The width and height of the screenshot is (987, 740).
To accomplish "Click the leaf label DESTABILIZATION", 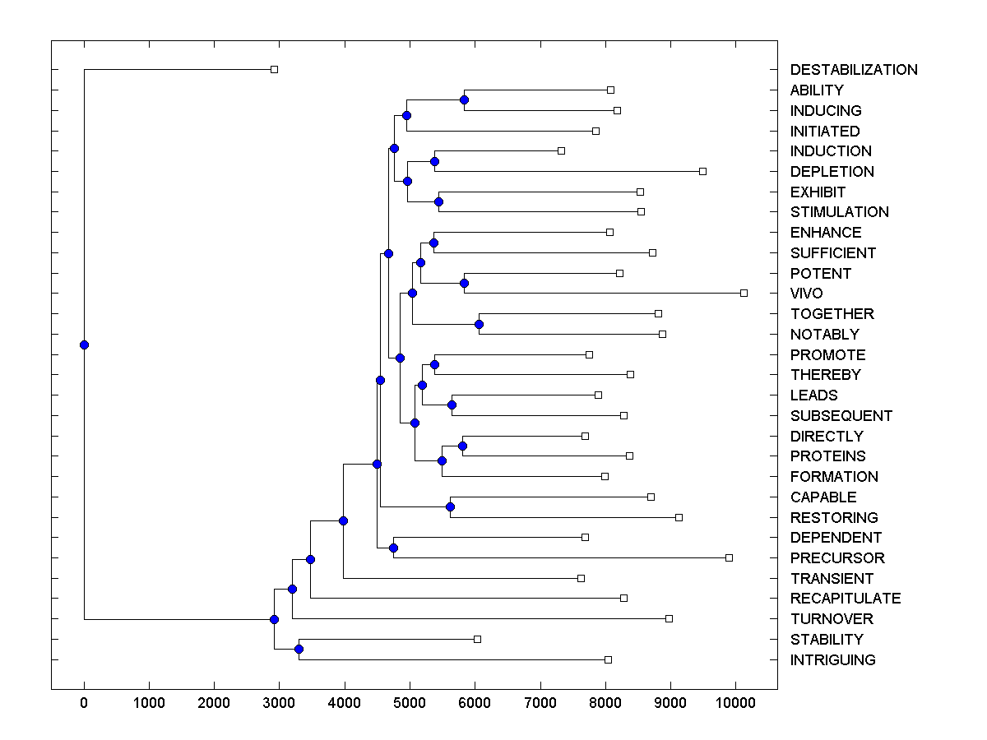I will click(854, 70).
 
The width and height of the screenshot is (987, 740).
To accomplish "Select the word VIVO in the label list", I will click(806, 294).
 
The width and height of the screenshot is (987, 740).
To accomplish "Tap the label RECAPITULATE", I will click(846, 599).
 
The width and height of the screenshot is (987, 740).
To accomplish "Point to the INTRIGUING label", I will click(832, 660).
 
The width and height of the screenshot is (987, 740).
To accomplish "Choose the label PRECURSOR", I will click(837, 558).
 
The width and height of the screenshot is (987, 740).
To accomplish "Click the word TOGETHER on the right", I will click(832, 314).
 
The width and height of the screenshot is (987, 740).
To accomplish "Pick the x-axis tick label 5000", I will click(410, 702).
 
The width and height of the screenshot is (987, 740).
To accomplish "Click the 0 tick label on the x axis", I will click(84, 702).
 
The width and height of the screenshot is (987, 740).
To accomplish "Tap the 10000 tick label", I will click(735, 702).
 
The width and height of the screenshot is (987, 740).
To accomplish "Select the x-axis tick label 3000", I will click(280, 702).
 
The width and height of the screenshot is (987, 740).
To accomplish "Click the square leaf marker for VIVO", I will click(744, 293).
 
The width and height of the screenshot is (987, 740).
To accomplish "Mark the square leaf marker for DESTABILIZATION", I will click(275, 70).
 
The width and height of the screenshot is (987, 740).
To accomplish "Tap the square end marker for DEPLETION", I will click(702, 171).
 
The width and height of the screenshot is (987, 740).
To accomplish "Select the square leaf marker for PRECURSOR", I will click(729, 557).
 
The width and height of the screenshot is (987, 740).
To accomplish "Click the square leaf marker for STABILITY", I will click(477, 639).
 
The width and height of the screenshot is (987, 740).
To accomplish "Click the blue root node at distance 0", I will click(84, 345).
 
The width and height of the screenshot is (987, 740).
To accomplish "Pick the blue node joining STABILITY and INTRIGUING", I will click(299, 650).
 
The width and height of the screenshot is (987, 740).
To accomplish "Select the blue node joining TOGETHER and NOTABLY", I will click(479, 324).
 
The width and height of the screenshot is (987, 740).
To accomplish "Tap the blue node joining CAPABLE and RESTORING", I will click(450, 506).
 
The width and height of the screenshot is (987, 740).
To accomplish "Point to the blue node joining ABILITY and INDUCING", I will click(464, 99).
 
